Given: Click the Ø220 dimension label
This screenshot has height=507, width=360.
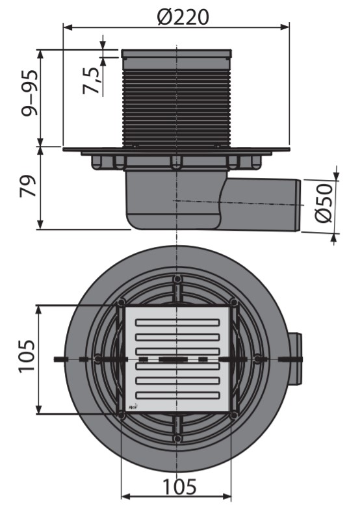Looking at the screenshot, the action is (x=183, y=17).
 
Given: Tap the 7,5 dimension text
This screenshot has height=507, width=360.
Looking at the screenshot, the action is (x=90, y=81).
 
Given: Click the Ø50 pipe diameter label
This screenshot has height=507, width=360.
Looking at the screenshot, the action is (x=324, y=203).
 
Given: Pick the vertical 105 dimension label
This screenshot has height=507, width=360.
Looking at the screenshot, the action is (x=27, y=357).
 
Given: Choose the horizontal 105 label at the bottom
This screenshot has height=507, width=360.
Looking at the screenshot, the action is (x=179, y=486).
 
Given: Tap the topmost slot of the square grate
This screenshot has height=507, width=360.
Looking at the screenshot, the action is (x=177, y=322).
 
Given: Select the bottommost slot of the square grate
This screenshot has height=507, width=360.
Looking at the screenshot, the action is (x=177, y=395).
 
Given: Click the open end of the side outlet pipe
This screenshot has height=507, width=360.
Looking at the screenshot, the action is (x=298, y=205).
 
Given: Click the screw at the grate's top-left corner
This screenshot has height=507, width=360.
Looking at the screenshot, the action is (x=121, y=303).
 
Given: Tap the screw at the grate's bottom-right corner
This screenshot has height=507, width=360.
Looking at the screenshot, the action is (x=233, y=415).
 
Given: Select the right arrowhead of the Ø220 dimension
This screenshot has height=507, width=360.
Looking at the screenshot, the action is (x=285, y=27).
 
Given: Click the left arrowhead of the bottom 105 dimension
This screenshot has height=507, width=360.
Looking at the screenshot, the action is (x=125, y=497).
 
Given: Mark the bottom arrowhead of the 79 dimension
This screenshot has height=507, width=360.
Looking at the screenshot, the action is (x=40, y=225).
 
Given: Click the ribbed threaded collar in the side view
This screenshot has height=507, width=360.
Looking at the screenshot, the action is (x=177, y=107).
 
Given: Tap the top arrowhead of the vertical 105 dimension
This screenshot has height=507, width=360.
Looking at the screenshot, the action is (x=39, y=310).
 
